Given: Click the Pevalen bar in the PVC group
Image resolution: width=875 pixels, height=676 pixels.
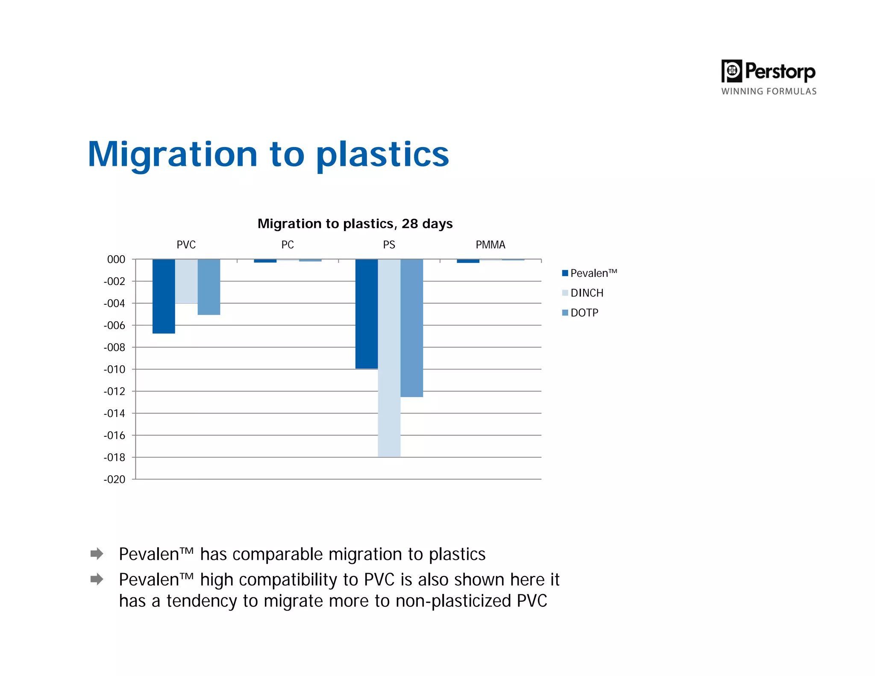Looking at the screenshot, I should pyautogui.click(x=164, y=296).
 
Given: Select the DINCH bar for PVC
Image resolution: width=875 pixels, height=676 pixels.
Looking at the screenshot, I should pyautogui.click(x=186, y=281).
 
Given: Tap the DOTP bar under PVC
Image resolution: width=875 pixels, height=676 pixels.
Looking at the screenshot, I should pyautogui.click(x=209, y=287).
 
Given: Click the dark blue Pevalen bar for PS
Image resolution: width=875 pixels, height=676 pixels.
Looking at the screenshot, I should pyautogui.click(x=367, y=314).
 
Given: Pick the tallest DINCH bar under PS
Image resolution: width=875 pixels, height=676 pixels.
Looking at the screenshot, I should pyautogui.click(x=389, y=358).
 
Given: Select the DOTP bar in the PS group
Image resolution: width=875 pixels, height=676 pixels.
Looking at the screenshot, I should pyautogui.click(x=412, y=328).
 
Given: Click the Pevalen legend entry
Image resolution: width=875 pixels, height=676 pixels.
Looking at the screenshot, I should pyautogui.click(x=590, y=273).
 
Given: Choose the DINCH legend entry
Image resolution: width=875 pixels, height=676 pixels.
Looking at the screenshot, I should pyautogui.click(x=583, y=293).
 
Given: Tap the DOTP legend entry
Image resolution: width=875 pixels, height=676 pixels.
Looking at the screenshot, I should pyautogui.click(x=581, y=313).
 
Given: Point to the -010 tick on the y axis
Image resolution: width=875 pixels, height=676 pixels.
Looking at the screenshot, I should pyautogui.click(x=115, y=370).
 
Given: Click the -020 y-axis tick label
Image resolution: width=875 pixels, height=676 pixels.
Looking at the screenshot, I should pyautogui.click(x=115, y=479).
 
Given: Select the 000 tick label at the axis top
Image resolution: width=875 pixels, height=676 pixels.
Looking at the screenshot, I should pyautogui.click(x=116, y=259).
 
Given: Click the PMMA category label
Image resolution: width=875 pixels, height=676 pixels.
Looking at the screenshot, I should pyautogui.click(x=490, y=245).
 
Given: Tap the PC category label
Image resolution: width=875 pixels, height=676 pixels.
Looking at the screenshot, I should pyautogui.click(x=288, y=245).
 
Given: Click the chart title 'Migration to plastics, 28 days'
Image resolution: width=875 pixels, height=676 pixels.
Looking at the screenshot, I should pyautogui.click(x=355, y=223).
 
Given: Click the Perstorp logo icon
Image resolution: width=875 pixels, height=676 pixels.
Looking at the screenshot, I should pyautogui.click(x=732, y=71).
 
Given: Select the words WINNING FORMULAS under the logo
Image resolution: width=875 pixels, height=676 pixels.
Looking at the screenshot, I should pyautogui.click(x=769, y=91).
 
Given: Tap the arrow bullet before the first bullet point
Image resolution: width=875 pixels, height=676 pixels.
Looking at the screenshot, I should pyautogui.click(x=97, y=554).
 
